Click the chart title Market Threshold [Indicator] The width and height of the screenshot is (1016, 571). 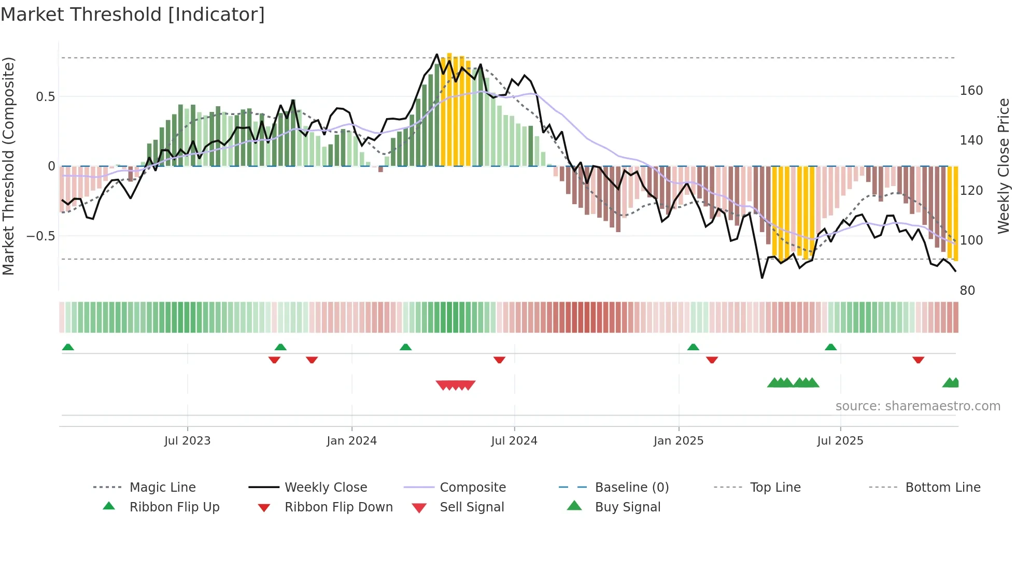pos(133,15)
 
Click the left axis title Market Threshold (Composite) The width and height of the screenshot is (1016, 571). pos(9,166)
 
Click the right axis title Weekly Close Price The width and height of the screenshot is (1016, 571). pos(1004,166)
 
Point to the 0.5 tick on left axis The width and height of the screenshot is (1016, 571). pos(46,97)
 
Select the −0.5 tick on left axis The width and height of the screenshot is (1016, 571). pos(41,236)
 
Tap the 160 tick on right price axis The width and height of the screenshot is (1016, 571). pos(971,91)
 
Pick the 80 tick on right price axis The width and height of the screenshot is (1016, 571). pos(967,291)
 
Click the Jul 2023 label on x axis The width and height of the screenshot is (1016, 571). pos(187,441)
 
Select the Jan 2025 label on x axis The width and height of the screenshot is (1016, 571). pos(678,441)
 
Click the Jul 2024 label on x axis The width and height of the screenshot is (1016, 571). pos(514,441)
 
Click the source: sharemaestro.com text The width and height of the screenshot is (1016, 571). pos(918,406)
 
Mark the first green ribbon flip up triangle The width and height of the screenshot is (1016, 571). pos(68,347)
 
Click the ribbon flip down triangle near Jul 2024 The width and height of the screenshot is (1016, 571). pos(499,360)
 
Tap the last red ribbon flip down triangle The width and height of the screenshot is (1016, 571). pos(918,360)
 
